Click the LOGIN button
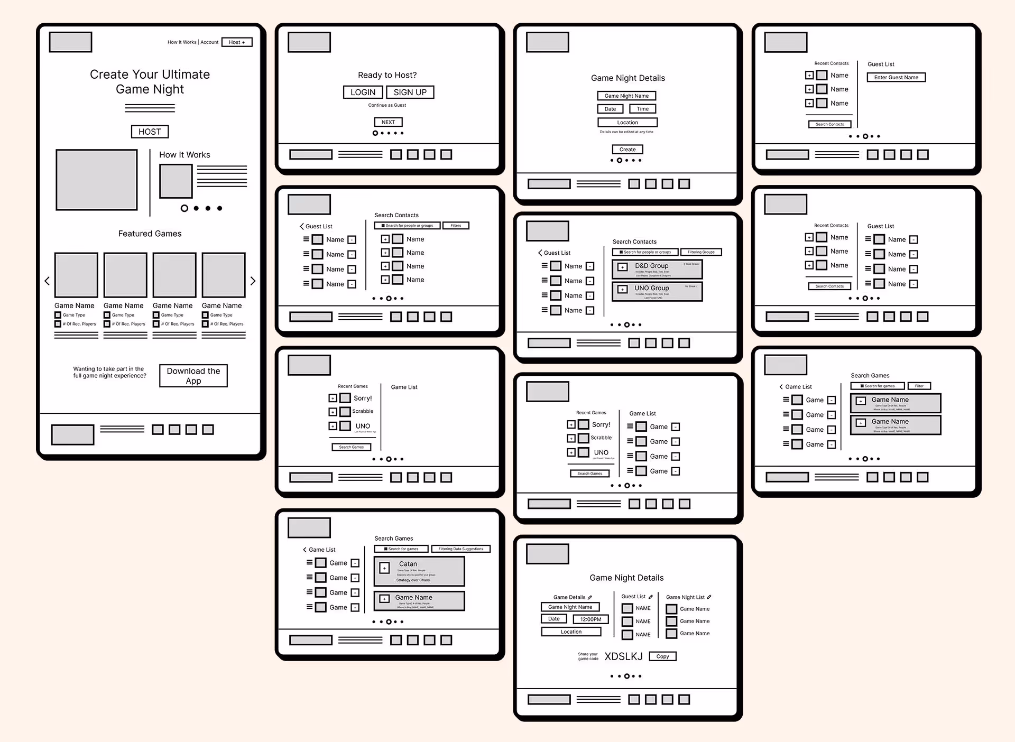coord(363,92)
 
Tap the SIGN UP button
coord(410,92)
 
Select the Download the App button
coord(193,376)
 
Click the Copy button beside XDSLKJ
coord(662,656)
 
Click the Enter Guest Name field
coord(896,78)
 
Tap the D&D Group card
coord(657,270)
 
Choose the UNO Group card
coord(657,292)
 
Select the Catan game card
coord(419,571)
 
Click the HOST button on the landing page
coord(150,132)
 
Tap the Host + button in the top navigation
coord(237,42)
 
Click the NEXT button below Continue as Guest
coord(389,122)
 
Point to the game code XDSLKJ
coord(623,656)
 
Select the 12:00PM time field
coord(590,619)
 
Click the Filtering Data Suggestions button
coord(460,549)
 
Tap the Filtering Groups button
coord(701,252)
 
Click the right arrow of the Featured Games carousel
coord(253,281)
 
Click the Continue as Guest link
coord(387,105)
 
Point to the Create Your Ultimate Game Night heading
coord(150,82)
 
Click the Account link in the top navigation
coord(209,42)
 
